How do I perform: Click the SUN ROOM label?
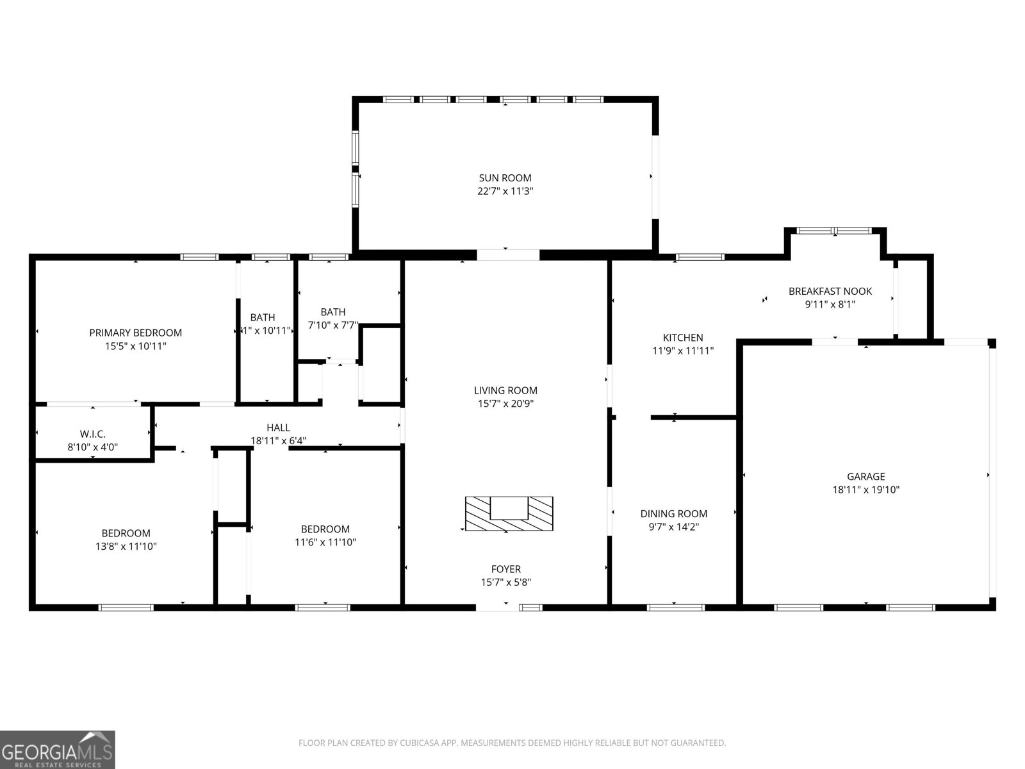(505, 178)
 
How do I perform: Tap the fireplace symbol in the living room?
(509, 513)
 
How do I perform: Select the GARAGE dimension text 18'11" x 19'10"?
(865, 490)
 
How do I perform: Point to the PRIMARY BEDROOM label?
(135, 333)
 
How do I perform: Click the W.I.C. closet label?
(93, 434)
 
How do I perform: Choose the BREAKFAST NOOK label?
(830, 292)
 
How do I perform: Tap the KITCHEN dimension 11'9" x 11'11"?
(682, 351)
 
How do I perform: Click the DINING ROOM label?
(673, 513)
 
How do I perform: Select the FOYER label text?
(505, 569)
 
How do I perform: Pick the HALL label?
(278, 427)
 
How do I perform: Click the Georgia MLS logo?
(57, 750)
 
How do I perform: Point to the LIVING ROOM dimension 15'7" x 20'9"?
(505, 404)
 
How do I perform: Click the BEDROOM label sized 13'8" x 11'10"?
(126, 533)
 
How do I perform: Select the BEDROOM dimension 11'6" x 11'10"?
(325, 542)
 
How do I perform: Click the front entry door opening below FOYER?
(497, 606)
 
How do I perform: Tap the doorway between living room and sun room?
(508, 254)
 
